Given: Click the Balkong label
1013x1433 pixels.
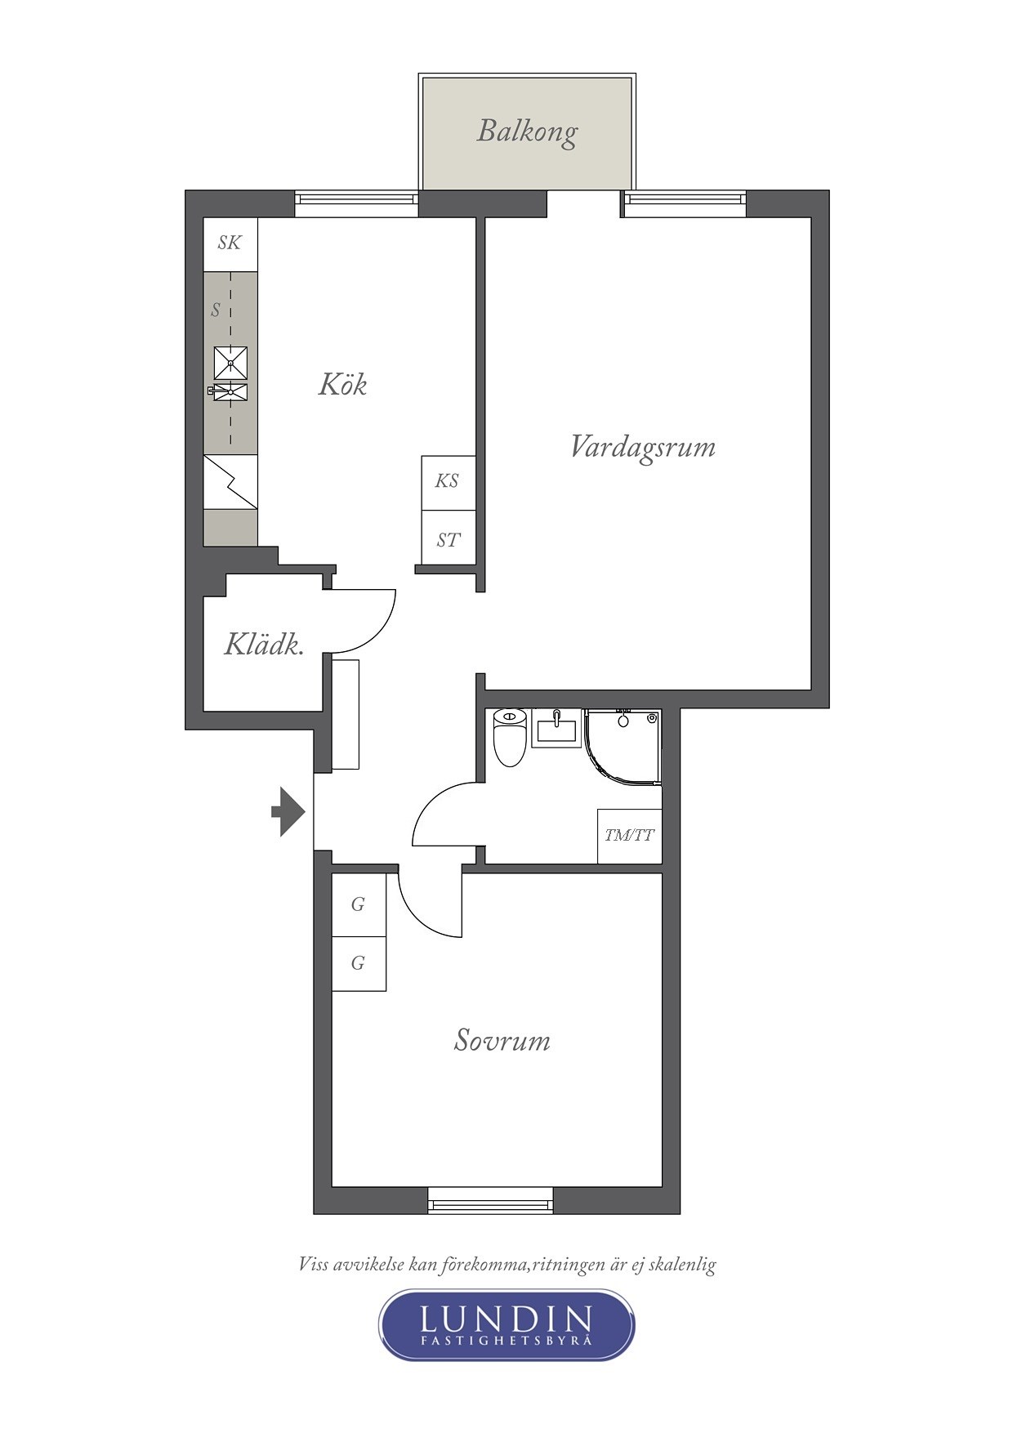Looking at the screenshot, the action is (527, 132).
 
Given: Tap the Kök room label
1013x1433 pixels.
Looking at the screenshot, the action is (342, 384).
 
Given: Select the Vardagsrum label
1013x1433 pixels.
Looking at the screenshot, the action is (642, 448).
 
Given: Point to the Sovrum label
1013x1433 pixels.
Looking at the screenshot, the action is (502, 1041).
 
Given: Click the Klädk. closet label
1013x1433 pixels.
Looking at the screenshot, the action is (264, 645).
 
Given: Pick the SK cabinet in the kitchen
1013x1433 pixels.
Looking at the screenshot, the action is (230, 244).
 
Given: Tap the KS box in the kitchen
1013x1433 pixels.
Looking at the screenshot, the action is (448, 482).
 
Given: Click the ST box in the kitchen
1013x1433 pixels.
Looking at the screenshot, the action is (448, 538).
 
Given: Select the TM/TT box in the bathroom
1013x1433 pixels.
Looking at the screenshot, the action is (629, 836).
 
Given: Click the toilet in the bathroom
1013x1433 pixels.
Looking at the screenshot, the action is (510, 738).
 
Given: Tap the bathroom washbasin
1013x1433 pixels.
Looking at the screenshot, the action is (556, 727).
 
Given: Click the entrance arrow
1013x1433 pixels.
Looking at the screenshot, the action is (288, 812).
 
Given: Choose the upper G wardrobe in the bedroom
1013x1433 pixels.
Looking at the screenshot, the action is (359, 904).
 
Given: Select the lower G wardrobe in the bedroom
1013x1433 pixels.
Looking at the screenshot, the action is (359, 964).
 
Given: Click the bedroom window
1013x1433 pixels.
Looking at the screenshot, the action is (490, 1200).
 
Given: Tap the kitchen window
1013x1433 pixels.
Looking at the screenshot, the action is (356, 203).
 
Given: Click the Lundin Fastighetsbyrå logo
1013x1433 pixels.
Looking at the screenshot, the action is (506, 1324).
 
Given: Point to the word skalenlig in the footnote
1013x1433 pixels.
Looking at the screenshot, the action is (680, 1266).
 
